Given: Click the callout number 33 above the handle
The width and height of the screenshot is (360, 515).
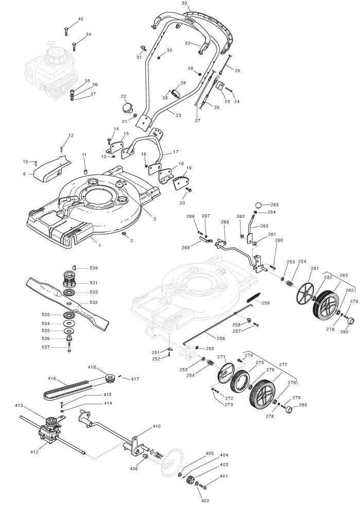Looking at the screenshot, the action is click(x=184, y=3).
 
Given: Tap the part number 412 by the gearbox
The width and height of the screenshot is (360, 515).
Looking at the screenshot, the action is click(x=35, y=452).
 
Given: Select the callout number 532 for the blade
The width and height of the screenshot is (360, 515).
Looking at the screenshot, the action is click(x=94, y=302).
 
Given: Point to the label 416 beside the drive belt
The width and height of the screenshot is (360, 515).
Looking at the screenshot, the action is click(x=52, y=379).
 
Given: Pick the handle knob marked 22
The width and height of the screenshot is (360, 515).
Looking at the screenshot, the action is click(x=126, y=107).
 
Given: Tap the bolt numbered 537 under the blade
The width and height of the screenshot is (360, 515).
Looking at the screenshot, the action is click(x=69, y=348).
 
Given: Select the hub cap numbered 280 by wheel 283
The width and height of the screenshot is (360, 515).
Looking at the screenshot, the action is click(x=350, y=320).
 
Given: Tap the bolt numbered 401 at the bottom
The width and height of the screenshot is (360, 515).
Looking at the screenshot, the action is click(x=203, y=485).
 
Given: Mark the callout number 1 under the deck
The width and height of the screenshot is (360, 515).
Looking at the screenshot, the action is click(x=100, y=245).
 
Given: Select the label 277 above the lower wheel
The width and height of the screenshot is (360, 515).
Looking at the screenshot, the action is click(x=283, y=365).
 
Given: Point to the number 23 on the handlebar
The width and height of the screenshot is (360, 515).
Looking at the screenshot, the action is click(x=178, y=115).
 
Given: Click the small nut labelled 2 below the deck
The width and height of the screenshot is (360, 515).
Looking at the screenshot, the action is click(x=124, y=233).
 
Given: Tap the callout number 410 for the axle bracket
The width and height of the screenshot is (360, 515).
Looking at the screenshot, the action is click(x=157, y=426).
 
